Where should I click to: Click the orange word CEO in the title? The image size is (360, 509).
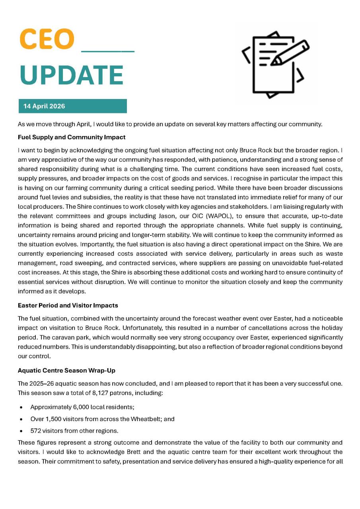tap(47, 39)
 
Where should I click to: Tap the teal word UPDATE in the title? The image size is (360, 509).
tap(72, 75)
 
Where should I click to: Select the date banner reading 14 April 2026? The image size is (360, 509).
tap(72, 106)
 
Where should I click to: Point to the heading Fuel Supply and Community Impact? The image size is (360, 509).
tap(72, 137)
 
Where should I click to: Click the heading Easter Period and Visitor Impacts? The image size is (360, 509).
tap(68, 305)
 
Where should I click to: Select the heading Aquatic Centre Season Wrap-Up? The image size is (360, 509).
tap(66, 370)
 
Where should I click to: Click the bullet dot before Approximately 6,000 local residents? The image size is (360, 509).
tap(20, 408)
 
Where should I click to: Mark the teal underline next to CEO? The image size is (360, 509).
tap(108, 51)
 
